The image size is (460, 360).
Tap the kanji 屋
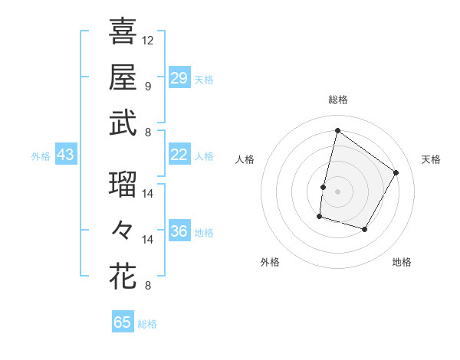(123, 77)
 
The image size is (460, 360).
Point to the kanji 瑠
(123, 185)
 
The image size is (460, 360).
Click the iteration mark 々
(123, 230)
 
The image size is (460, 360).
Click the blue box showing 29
(179, 77)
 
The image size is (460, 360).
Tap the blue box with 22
(179, 155)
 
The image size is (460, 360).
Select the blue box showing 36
(179, 231)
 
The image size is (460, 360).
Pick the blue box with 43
(65, 155)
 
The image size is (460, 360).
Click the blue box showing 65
(123, 322)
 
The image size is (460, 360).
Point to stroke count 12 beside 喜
(148, 40)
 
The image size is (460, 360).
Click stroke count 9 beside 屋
(148, 86)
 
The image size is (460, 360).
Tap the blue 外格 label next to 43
(41, 155)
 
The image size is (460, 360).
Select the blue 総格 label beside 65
(147, 324)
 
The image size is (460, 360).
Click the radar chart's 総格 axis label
(337, 100)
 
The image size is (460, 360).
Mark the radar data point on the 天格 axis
(396, 172)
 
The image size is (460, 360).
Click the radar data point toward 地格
(365, 230)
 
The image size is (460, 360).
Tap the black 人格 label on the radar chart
(245, 159)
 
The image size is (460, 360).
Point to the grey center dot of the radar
(337, 191)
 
